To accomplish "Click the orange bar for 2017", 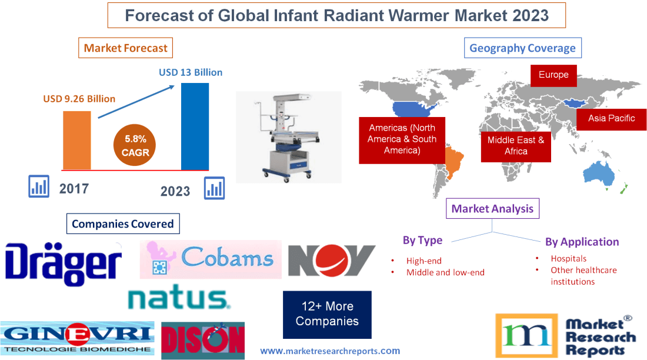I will coord(77,139).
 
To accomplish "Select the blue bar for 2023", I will coord(195,126).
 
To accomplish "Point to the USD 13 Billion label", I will coord(191,72).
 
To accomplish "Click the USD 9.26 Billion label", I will coord(79,99).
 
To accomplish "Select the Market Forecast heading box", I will coord(125,48).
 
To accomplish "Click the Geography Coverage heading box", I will coord(522,48).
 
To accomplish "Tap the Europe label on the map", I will coord(553,75).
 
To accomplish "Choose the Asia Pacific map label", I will coord(612,118).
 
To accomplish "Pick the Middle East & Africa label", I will coord(516,146).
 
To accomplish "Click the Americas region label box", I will coord(402,139).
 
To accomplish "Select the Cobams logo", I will coord(211,259).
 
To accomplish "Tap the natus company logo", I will coord(179,298).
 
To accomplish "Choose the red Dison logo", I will coord(202,340).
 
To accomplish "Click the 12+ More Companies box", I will coord(327,314).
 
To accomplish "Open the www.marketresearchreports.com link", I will coord(330,351).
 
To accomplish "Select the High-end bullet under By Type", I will coord(423,261).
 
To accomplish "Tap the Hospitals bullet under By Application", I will coord(568,258).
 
